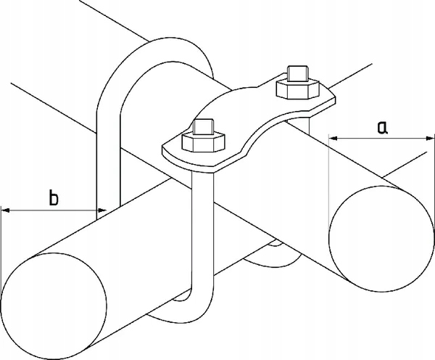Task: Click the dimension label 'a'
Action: pos(382,127)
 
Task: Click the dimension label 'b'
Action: pos(54,197)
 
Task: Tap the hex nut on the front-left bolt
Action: pos(203,142)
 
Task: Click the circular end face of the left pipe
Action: pos(54,306)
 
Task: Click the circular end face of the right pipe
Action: pos(381,239)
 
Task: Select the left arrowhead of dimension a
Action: pos(333,138)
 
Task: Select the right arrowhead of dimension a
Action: pos(429,138)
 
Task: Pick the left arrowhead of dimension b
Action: pos(5,210)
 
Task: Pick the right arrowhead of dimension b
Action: pos(101,210)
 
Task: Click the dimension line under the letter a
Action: pos(381,138)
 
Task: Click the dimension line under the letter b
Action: pos(54,210)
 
